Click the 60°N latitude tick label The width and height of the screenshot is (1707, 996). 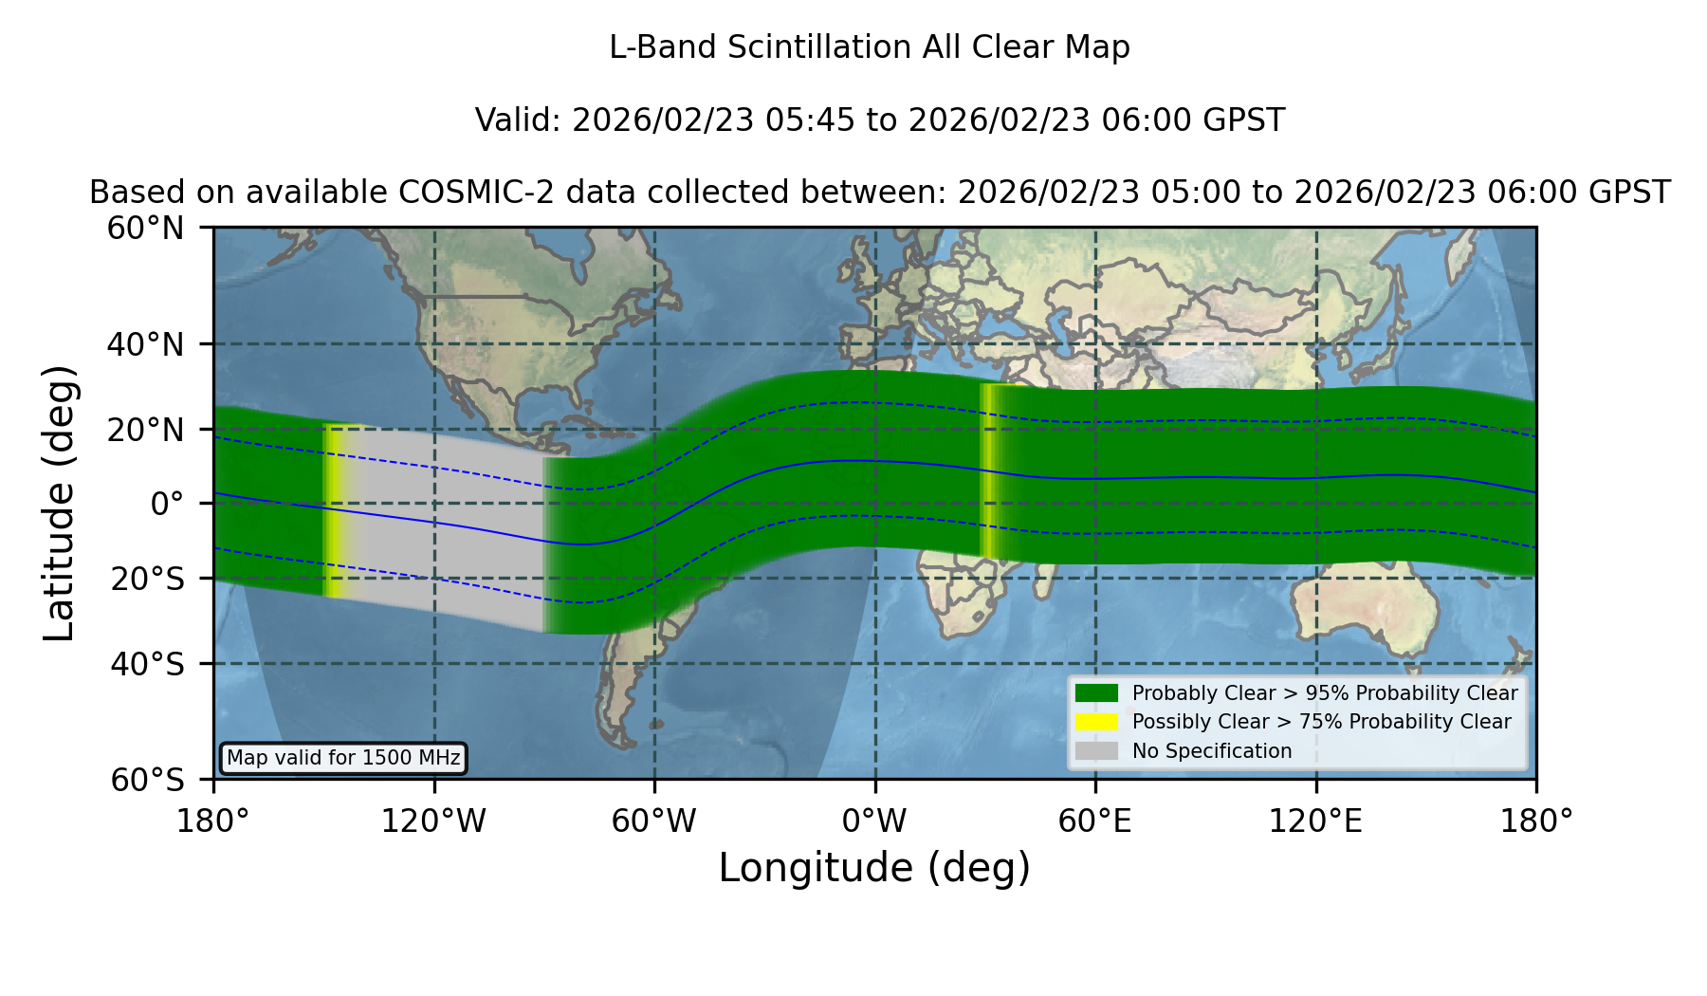click(x=145, y=229)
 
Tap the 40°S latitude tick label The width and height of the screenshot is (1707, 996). click(x=147, y=664)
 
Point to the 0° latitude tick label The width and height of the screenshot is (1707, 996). click(x=167, y=504)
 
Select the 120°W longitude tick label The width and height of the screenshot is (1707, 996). click(x=433, y=821)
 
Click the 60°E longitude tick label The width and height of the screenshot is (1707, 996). click(x=1095, y=821)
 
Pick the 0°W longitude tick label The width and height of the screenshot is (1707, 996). click(x=874, y=821)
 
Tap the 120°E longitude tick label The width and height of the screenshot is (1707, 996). click(x=1315, y=821)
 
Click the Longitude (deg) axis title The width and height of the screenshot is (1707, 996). click(x=874, y=868)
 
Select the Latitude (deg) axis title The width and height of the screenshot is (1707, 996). click(x=59, y=503)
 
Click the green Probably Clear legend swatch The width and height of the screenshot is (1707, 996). click(x=1096, y=692)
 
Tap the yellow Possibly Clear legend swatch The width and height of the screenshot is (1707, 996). click(x=1096, y=721)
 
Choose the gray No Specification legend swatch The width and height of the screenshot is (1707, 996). click(x=1096, y=750)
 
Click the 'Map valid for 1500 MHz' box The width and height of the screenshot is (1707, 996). click(x=343, y=758)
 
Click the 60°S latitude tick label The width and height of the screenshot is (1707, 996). click(x=147, y=780)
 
